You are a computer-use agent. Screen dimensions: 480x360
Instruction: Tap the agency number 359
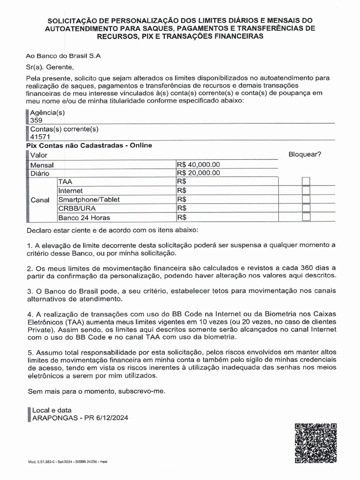[x=36, y=120]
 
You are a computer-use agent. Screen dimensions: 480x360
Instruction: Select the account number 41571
[x=40, y=137]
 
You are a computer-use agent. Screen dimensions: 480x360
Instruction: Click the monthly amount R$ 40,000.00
[x=198, y=165]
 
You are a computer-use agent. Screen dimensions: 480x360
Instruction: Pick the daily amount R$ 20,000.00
[x=198, y=173]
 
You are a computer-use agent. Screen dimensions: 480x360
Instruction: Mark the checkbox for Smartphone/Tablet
[x=306, y=199]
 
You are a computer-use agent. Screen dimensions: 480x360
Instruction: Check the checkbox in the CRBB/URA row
[x=306, y=208]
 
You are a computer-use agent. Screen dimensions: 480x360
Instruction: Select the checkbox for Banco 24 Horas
[x=306, y=217]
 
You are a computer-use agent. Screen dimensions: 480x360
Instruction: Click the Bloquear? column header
[x=305, y=154]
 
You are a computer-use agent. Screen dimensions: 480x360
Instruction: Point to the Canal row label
[x=40, y=200]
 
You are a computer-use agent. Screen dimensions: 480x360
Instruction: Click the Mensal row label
[x=42, y=165]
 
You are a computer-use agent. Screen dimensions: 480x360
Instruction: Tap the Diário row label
[x=40, y=173]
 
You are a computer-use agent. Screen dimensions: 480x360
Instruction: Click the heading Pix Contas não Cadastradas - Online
[x=89, y=145]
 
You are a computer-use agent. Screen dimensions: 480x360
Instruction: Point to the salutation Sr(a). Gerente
[x=50, y=67]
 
